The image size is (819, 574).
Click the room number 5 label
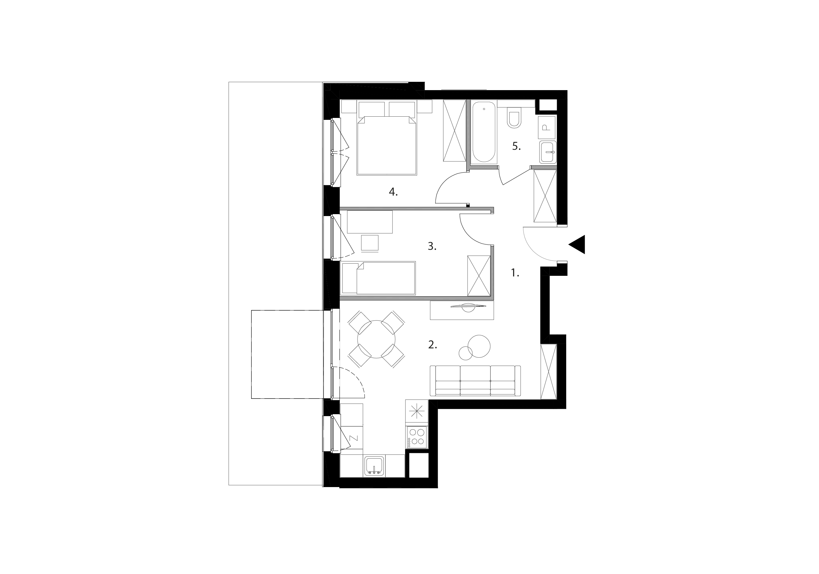click(516, 146)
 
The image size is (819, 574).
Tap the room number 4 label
click(393, 192)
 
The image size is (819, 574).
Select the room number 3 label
click(432, 246)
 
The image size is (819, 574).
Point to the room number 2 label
click(432, 345)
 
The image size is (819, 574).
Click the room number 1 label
click(515, 273)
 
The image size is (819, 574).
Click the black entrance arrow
click(578, 244)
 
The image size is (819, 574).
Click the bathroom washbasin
click(548, 152)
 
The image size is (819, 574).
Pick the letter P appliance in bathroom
click(546, 127)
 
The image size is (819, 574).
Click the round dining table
click(376, 339)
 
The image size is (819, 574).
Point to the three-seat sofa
click(475, 381)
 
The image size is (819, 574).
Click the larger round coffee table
click(479, 346)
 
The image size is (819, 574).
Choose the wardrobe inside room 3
click(479, 276)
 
